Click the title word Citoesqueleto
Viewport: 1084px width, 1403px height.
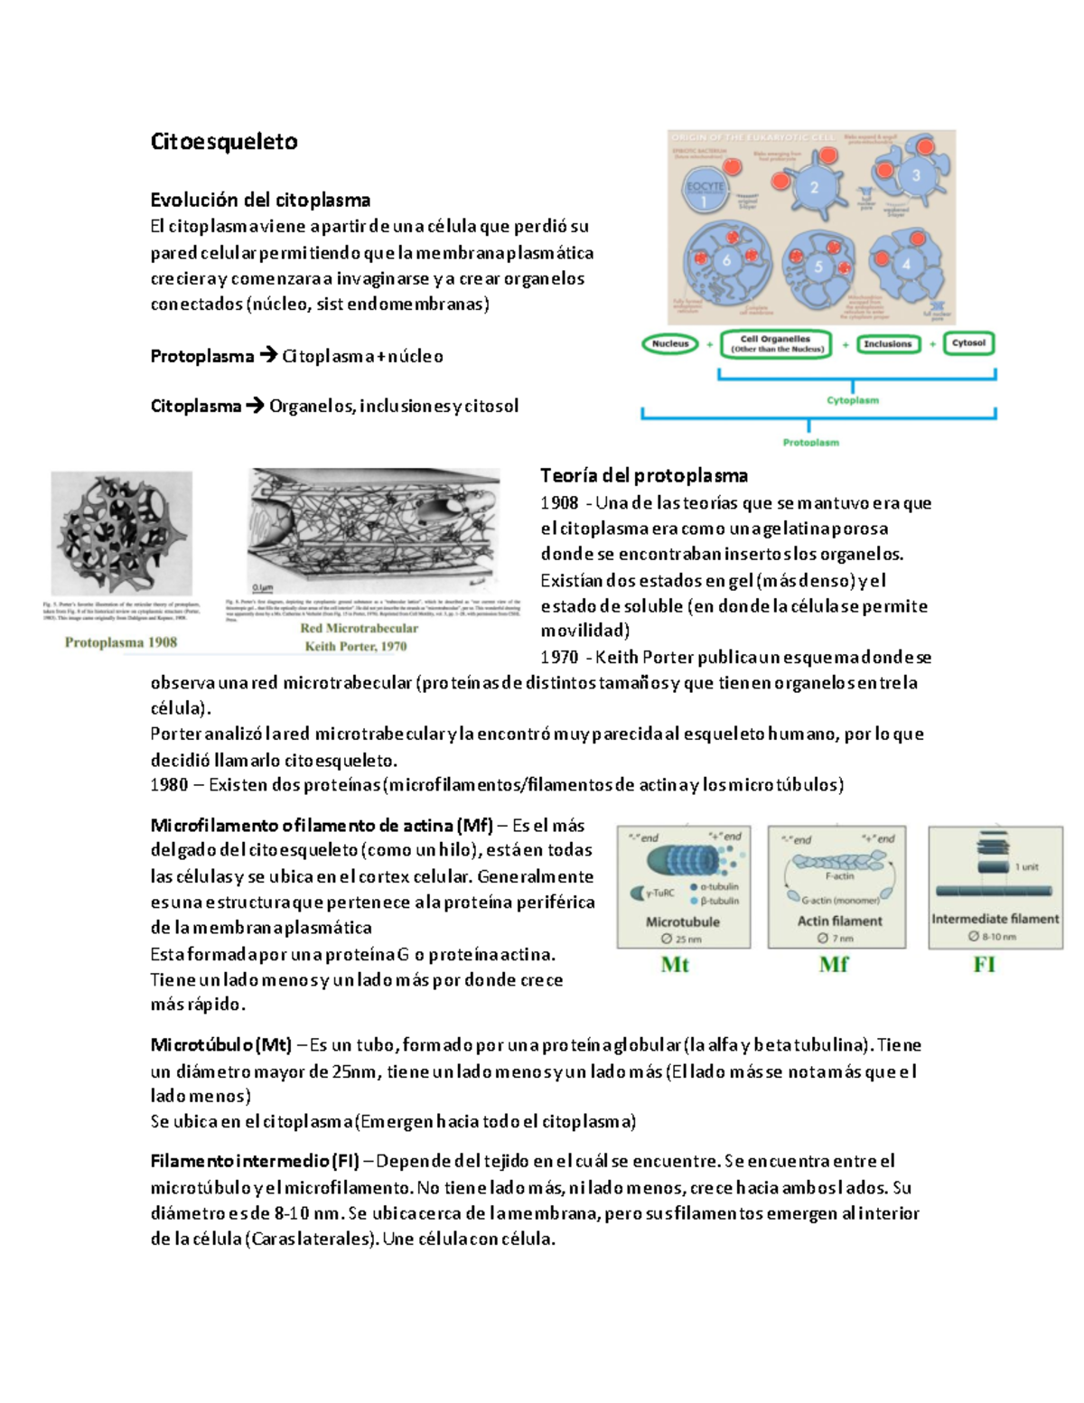click(223, 142)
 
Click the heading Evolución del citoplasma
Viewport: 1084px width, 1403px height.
click(260, 200)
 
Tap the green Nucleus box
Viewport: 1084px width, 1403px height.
click(670, 344)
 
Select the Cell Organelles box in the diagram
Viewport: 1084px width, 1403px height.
click(776, 344)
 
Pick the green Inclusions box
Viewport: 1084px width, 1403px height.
click(887, 344)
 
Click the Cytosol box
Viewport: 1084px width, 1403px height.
click(968, 343)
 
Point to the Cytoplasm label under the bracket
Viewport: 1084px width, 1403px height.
click(853, 400)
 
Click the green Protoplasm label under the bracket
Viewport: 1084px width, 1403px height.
click(810, 443)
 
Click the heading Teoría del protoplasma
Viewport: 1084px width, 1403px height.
click(643, 475)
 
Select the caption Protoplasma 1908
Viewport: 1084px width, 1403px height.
click(121, 642)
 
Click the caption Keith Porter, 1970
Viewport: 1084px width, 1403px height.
click(355, 646)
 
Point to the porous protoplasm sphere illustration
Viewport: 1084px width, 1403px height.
click(121, 533)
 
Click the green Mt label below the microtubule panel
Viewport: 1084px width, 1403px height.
click(675, 965)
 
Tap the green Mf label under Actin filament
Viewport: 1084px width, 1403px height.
click(833, 965)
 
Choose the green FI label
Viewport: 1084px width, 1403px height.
click(984, 965)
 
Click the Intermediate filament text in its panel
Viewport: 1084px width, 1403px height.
click(995, 919)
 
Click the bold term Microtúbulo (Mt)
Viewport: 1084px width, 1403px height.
click(220, 1045)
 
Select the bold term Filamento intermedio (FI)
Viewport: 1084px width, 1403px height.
click(255, 1161)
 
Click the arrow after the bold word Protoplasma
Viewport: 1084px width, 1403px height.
click(268, 356)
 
